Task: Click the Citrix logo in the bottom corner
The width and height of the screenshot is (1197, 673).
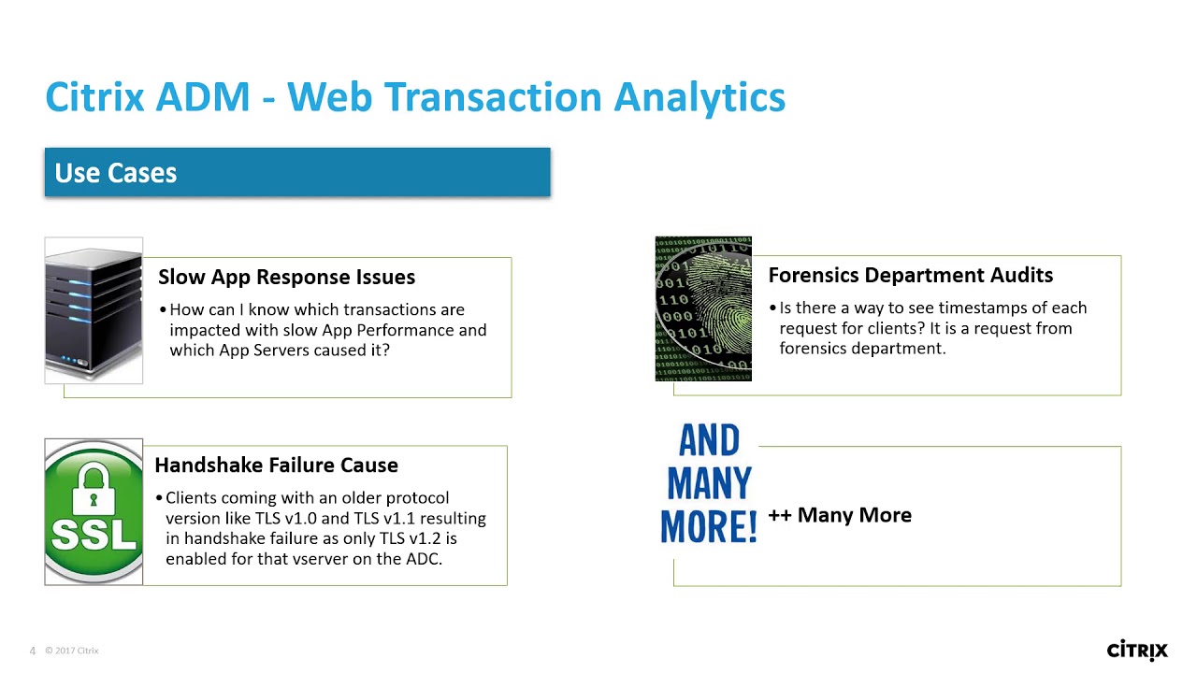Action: (1137, 650)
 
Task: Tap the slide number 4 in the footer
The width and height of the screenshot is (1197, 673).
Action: (33, 651)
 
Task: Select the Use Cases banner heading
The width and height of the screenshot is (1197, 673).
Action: (116, 173)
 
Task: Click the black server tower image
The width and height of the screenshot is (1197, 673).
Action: (94, 310)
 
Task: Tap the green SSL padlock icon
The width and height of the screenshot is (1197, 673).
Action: (94, 512)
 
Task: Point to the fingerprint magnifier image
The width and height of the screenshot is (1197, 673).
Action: (703, 309)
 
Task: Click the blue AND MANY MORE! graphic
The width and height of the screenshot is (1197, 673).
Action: (709, 484)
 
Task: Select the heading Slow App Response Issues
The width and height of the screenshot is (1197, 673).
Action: (286, 277)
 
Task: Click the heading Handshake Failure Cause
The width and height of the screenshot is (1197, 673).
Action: (276, 465)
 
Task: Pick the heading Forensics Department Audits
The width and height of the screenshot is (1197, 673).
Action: (910, 275)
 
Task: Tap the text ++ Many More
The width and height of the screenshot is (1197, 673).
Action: (839, 515)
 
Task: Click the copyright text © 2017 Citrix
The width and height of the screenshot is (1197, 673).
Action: (71, 651)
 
